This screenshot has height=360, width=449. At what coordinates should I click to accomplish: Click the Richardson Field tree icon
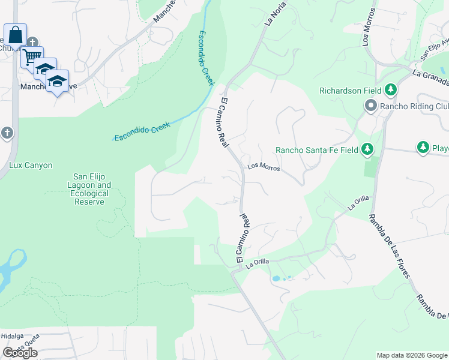391,91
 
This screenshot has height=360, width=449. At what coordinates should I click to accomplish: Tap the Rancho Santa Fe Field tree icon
367,149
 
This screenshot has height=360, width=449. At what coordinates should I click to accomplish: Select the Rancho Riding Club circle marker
370,106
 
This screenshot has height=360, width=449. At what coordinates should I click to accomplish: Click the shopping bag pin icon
15,34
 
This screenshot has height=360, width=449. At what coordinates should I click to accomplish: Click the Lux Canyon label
31,165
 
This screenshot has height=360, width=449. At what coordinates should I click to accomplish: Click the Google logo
19,353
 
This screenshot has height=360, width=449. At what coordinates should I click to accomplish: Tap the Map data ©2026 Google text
412,355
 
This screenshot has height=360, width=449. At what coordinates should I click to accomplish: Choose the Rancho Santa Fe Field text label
316,150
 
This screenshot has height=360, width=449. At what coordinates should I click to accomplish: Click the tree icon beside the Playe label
423,147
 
